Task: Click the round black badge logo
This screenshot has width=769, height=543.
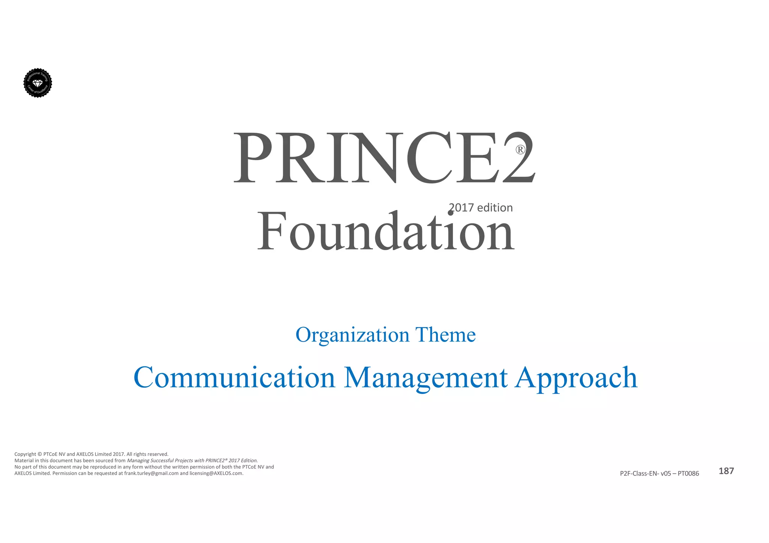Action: pos(38,83)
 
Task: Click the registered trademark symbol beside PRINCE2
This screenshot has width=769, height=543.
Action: pos(520,150)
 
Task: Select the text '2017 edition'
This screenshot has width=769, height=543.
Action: pos(481,208)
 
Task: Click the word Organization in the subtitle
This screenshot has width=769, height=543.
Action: pos(352,334)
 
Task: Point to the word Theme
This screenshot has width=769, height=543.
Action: pos(445,334)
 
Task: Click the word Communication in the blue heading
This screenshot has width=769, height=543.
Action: pos(234,378)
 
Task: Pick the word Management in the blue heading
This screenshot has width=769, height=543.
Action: pos(426,378)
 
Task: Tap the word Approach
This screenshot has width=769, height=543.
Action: pos(576,378)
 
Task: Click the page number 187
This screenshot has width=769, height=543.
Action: pos(726,471)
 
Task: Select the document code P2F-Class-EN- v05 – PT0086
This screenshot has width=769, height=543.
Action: pos(659,474)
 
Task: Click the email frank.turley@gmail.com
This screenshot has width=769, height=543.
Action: pos(151,473)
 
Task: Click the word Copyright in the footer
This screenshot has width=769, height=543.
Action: pos(25,454)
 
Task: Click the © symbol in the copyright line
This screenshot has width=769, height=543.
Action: pos(40,454)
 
